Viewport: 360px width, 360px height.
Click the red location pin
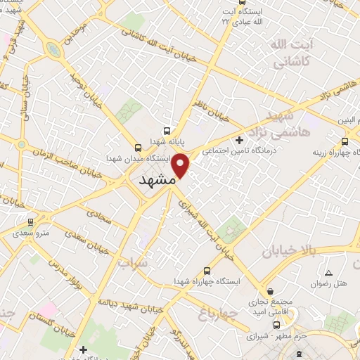click(181, 165)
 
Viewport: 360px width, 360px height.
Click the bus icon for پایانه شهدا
click(167, 131)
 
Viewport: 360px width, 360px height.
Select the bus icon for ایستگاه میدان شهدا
click(138, 148)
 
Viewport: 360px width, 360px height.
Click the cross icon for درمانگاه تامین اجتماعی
click(240, 140)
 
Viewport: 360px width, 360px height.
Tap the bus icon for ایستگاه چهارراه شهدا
click(206, 271)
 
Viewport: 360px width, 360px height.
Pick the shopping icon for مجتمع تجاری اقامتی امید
click(271, 291)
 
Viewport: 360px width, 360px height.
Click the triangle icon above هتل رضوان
click(328, 273)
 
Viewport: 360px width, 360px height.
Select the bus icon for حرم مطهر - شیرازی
click(277, 325)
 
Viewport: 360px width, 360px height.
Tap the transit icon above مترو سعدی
click(30, 222)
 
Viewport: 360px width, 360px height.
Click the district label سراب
click(134, 264)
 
